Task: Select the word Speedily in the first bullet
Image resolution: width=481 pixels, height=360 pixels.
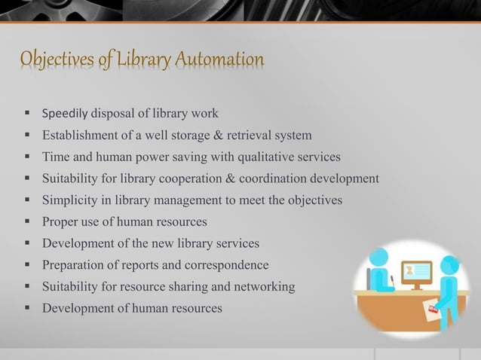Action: (x=66, y=114)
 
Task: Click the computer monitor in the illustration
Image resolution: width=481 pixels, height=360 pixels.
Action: (x=416, y=272)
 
